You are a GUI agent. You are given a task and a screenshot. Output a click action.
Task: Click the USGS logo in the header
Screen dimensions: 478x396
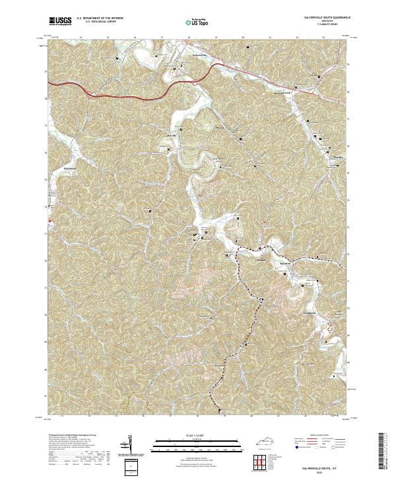[59, 22]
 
